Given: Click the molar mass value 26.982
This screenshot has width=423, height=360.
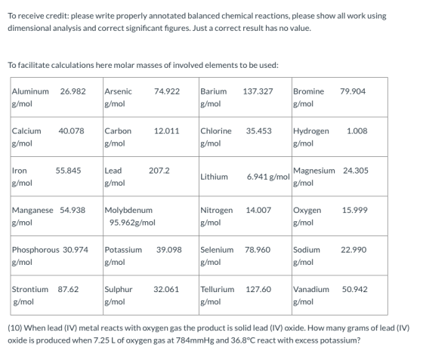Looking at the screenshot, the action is [x=73, y=91].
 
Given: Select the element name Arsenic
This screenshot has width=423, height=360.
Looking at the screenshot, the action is [x=118, y=91].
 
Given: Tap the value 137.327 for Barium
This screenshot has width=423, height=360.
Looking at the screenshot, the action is [x=258, y=91].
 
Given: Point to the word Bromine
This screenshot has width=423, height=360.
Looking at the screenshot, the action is [x=309, y=91].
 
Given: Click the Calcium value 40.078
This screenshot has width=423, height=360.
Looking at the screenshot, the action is [x=71, y=131].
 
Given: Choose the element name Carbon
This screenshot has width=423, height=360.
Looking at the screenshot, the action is [x=118, y=131].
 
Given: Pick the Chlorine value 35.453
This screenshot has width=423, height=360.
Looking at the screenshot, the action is [x=258, y=131].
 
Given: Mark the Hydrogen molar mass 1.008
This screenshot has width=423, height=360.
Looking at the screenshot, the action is [x=357, y=131].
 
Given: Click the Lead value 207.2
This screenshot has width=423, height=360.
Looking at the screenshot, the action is [x=159, y=171].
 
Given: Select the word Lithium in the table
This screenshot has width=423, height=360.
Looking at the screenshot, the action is [x=214, y=177].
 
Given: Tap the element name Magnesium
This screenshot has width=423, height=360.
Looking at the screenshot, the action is [x=314, y=171].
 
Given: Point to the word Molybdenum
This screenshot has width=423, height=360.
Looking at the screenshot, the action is [x=128, y=210].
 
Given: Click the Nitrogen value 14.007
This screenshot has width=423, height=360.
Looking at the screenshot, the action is [x=258, y=210].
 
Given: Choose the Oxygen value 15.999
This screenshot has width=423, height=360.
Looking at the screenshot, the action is [x=355, y=210].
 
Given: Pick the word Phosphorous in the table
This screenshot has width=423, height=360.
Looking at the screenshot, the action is [x=36, y=250].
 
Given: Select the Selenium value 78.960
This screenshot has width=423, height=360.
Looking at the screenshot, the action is [x=258, y=250].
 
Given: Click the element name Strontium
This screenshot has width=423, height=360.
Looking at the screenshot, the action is [x=30, y=289].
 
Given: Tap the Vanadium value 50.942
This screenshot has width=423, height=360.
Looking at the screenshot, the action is [x=355, y=289].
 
